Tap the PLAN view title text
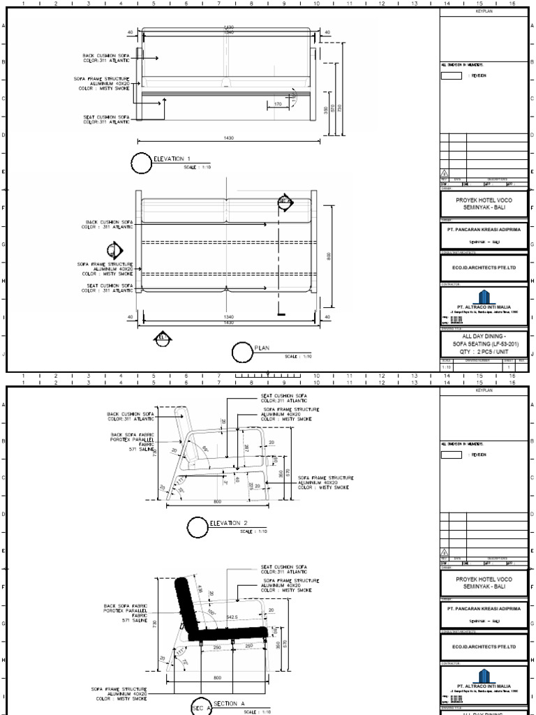click(x=262, y=348)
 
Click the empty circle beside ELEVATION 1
click(x=142, y=163)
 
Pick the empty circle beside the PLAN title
click(x=242, y=353)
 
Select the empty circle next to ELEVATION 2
click(x=198, y=527)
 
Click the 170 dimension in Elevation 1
click(x=278, y=104)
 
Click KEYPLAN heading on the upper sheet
click(x=484, y=12)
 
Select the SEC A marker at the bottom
click(x=198, y=708)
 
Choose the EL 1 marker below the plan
click(x=162, y=339)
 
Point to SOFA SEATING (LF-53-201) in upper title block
click(x=484, y=344)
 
